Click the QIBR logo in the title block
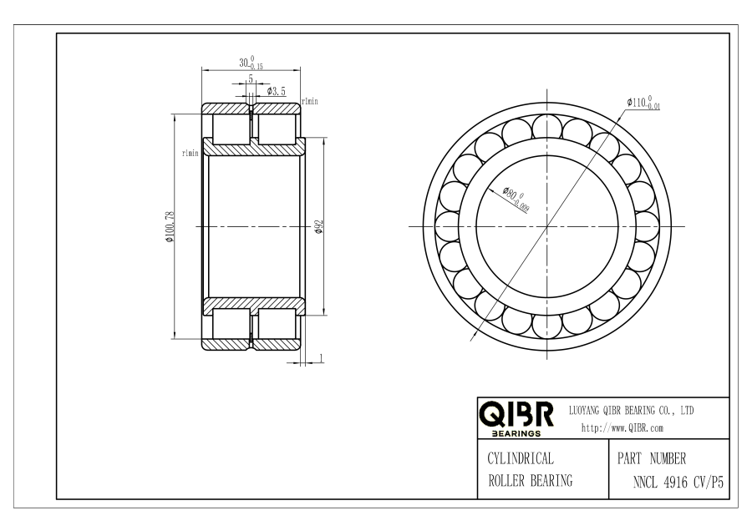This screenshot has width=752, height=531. pyautogui.click(x=516, y=419)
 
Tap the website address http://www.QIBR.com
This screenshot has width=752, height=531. pyautogui.click(x=622, y=428)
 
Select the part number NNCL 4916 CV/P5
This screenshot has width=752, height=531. pyautogui.click(x=678, y=482)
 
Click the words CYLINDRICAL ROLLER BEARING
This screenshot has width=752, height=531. pyautogui.click(x=530, y=469)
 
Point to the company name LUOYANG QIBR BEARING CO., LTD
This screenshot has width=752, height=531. pyautogui.click(x=631, y=411)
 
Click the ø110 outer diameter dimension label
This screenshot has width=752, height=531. pyautogui.click(x=643, y=103)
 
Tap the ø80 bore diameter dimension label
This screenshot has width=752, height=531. pyautogui.click(x=516, y=199)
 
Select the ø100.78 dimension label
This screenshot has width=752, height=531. pyautogui.click(x=170, y=227)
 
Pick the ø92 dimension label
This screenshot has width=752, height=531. pyautogui.click(x=319, y=227)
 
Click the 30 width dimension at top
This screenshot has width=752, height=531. pyautogui.click(x=251, y=63)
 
